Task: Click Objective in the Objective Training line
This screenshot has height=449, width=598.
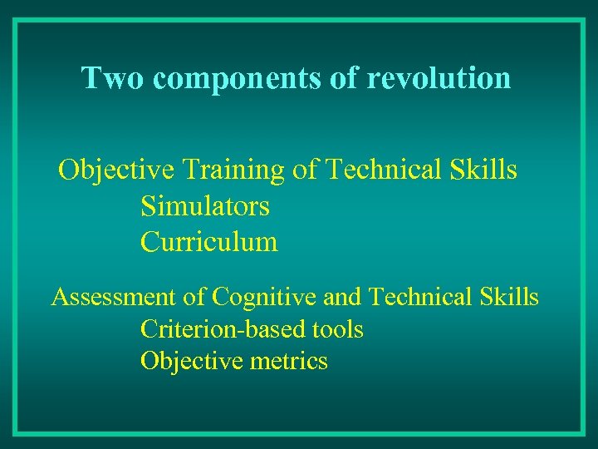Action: [116, 170]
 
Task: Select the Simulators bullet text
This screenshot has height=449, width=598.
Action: [205, 205]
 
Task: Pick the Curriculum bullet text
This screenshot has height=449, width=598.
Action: [209, 242]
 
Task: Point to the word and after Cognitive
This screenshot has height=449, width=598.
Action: [341, 297]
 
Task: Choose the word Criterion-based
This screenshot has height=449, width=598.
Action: [212, 329]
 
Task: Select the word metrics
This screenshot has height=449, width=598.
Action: [293, 362]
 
